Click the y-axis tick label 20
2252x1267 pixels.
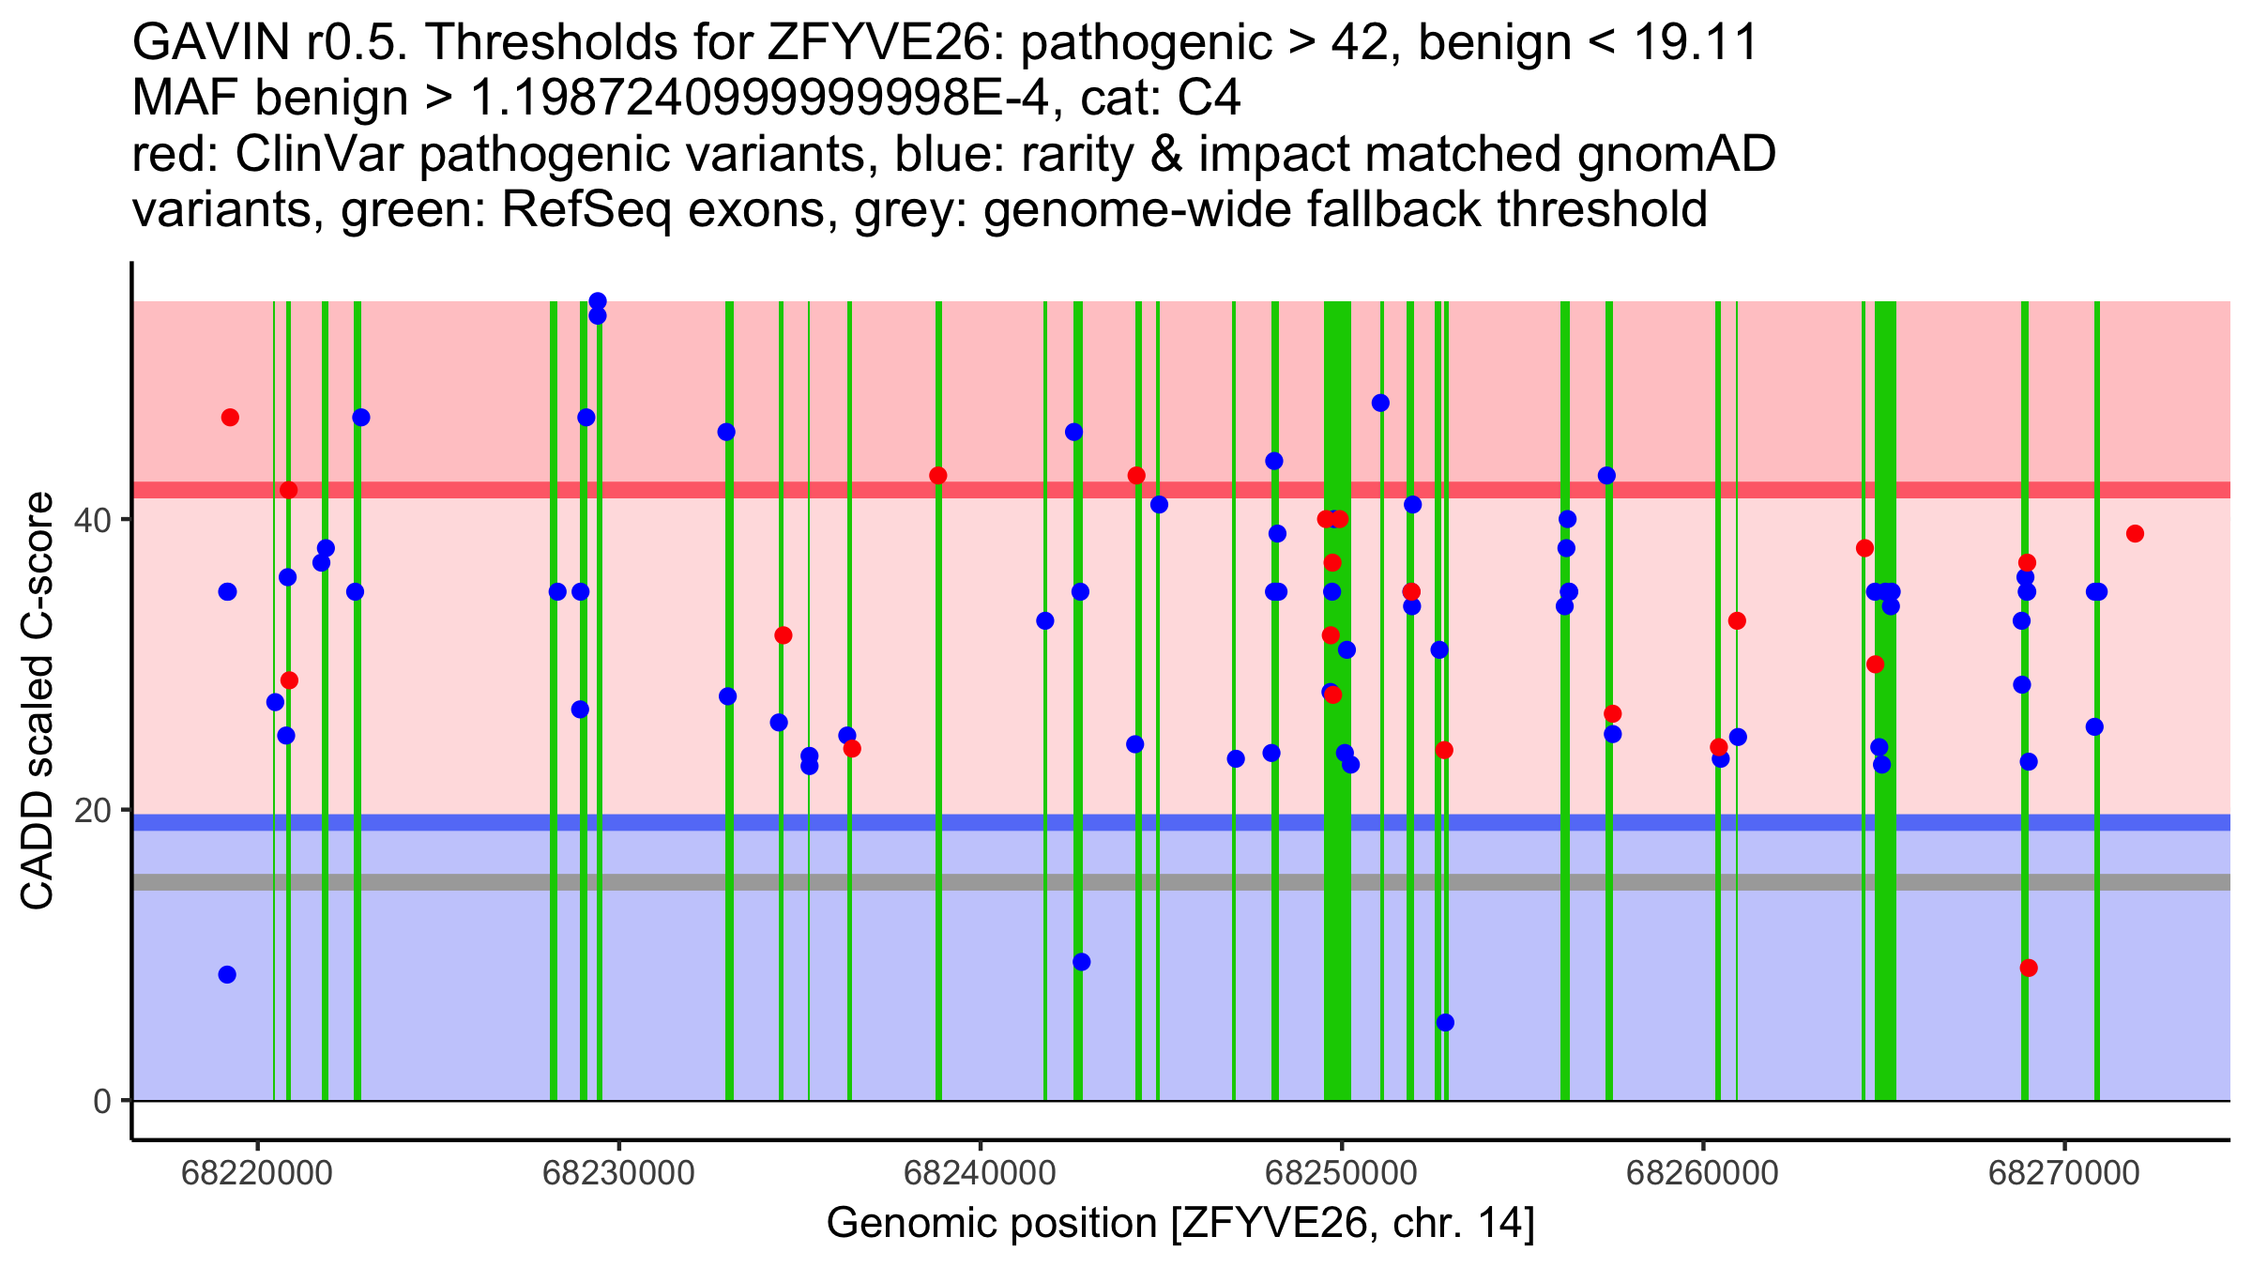95,811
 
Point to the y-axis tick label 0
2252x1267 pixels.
103,1101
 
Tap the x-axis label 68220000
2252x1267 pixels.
257,1173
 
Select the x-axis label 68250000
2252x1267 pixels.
1342,1173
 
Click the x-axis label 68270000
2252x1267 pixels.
2064,1173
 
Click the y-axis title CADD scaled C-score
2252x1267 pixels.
38,701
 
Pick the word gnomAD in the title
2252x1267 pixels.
1677,154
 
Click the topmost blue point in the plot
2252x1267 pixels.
598,301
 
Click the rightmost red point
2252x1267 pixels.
2135,534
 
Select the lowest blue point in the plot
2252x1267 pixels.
1445,1022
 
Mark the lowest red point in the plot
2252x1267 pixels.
2029,968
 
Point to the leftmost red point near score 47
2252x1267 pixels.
230,418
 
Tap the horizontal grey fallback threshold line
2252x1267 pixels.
1181,882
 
